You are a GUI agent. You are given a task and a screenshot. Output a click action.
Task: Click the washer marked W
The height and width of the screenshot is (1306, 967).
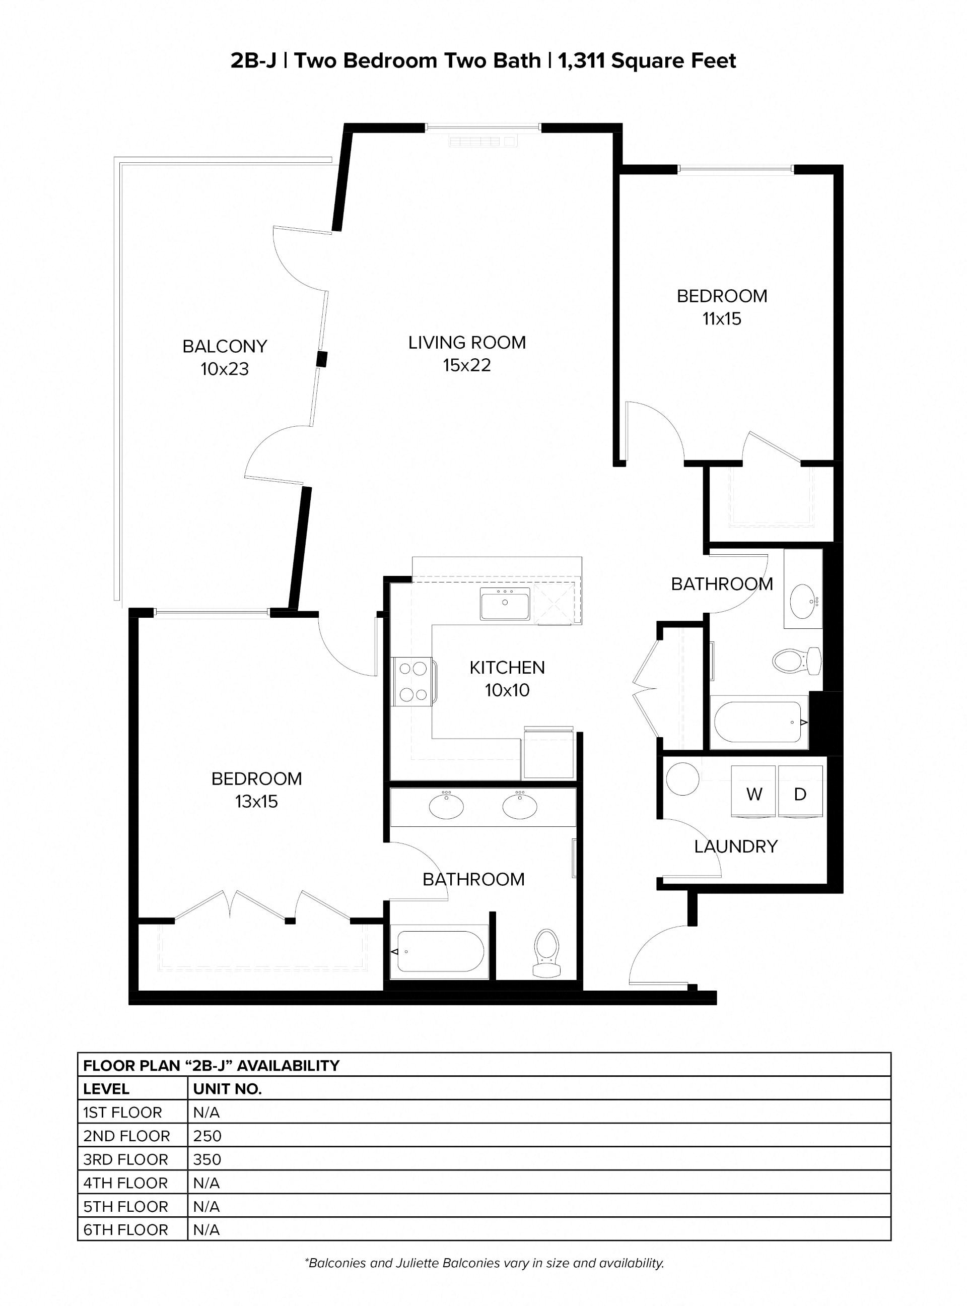pyautogui.click(x=753, y=794)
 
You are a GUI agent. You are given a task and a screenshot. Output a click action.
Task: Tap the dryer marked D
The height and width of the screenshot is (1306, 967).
pyautogui.click(x=800, y=794)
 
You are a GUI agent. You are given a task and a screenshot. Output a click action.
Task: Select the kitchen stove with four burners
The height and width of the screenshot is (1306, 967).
pyautogui.click(x=412, y=682)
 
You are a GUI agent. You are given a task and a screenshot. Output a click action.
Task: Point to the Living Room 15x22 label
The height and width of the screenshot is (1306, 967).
pyautogui.click(x=466, y=353)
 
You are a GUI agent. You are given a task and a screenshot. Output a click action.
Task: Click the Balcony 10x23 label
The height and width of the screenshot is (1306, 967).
pyautogui.click(x=225, y=357)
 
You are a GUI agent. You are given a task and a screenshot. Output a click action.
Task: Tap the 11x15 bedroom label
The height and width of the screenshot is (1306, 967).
pyautogui.click(x=722, y=307)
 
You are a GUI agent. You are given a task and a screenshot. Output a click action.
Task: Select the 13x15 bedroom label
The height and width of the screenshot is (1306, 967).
pyautogui.click(x=256, y=790)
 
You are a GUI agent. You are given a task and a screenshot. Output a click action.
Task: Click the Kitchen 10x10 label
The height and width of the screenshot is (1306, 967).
pyautogui.click(x=507, y=678)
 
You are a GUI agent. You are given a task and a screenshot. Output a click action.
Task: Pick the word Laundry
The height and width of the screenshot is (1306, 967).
pyautogui.click(x=736, y=846)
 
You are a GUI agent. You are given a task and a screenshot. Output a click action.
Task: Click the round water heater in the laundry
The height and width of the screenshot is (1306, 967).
pyautogui.click(x=682, y=778)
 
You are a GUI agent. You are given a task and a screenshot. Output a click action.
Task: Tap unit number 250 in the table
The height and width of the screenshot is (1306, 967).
pyautogui.click(x=207, y=1136)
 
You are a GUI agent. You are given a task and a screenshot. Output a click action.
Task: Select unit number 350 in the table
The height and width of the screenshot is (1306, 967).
pyautogui.click(x=207, y=1159)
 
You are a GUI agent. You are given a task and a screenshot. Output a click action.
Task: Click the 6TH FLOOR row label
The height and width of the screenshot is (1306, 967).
pyautogui.click(x=125, y=1230)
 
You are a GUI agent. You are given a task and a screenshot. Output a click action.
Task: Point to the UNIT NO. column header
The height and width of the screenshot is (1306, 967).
pyautogui.click(x=227, y=1089)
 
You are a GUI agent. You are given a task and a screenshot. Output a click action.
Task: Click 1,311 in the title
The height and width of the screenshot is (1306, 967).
pyautogui.click(x=581, y=60)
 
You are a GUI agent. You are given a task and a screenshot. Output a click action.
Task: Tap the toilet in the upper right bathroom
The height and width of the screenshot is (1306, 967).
pyautogui.click(x=796, y=661)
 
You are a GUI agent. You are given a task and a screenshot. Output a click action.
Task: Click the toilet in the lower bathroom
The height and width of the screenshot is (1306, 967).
pyautogui.click(x=547, y=953)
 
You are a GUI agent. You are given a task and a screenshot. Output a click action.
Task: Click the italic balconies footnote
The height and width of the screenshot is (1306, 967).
pyautogui.click(x=483, y=1263)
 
